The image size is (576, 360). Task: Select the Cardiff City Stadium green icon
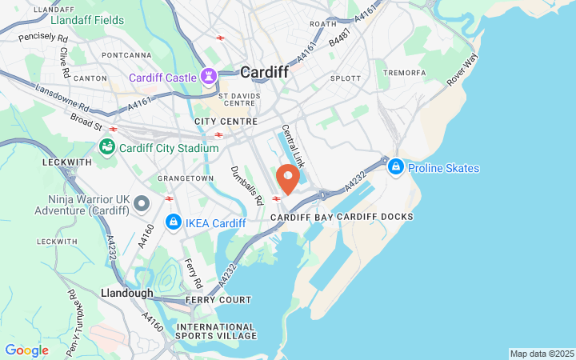click(x=106, y=147)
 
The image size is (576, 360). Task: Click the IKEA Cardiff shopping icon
click(x=172, y=222)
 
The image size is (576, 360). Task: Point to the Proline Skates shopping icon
click(x=395, y=168)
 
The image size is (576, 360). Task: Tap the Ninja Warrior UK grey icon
click(x=142, y=203)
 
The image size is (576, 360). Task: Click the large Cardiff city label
click(x=264, y=72)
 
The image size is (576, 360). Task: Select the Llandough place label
click(x=126, y=294)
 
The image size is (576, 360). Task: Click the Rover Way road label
click(x=462, y=70)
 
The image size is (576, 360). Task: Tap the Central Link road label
click(x=293, y=145)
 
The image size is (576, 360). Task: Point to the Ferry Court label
click(x=218, y=300)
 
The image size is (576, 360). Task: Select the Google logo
click(x=26, y=350)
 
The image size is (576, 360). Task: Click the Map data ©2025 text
click(x=542, y=354)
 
